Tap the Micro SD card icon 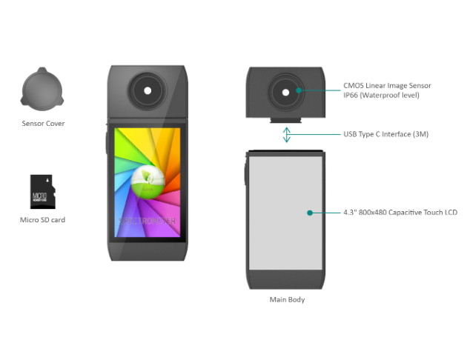coord(42,192)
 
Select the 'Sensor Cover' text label coord(43,124)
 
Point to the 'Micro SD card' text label coord(42,220)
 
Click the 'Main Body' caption coord(286,300)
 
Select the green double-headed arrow coord(286,135)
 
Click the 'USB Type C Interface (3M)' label coord(385,134)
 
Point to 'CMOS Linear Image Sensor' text coord(387,86)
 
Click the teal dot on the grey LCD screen coord(310,213)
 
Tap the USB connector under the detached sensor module coord(286,120)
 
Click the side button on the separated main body coord(245,174)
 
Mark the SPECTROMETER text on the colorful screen coord(148,220)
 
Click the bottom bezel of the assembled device coord(148,250)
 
